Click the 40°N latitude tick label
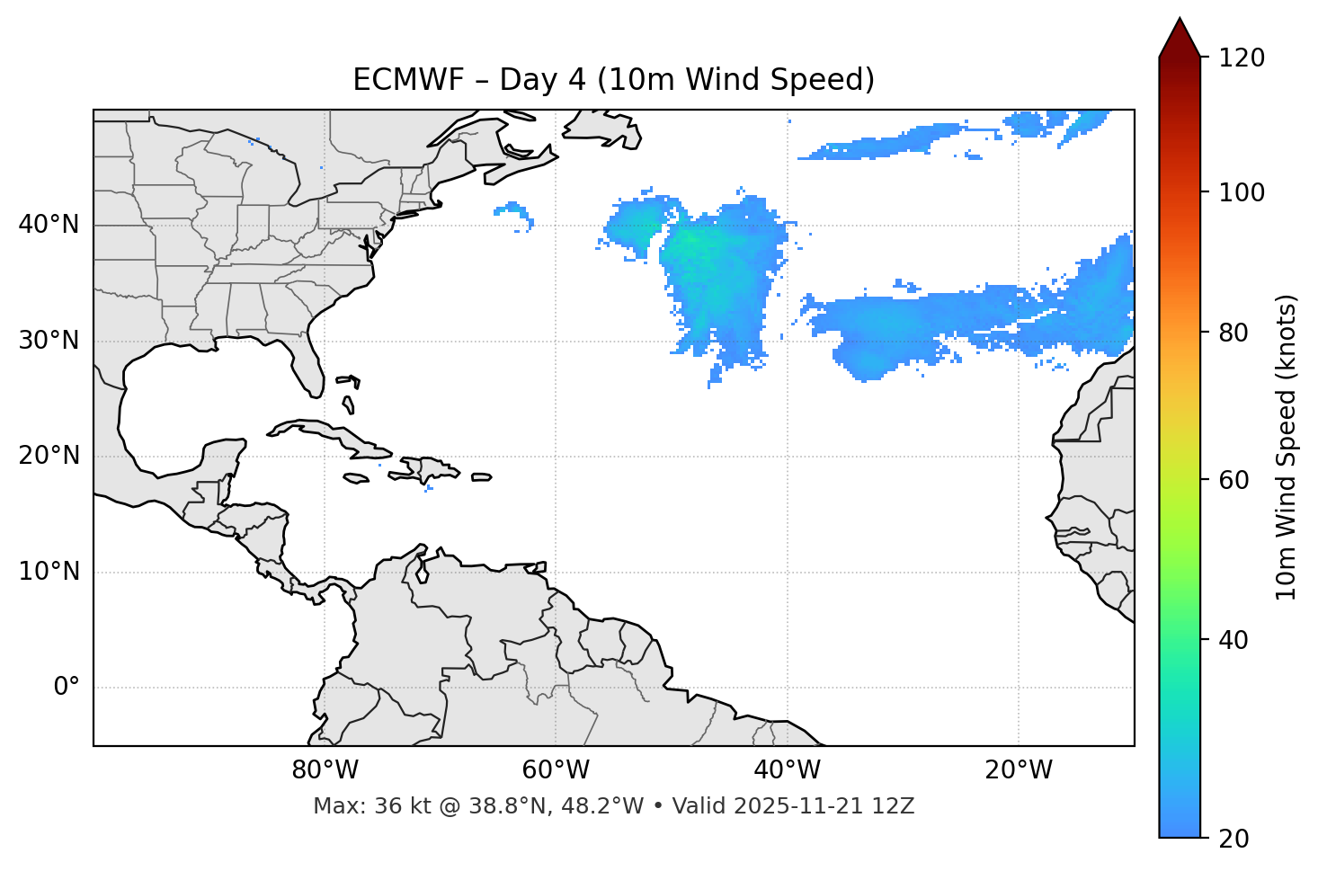point(49,225)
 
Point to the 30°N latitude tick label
point(49,341)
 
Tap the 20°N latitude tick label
point(49,456)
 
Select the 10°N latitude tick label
point(49,572)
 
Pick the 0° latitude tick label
point(67,688)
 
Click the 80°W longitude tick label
point(325,770)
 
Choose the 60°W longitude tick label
point(556,770)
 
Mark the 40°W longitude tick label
point(787,770)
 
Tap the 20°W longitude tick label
point(1018,770)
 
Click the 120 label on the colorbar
point(1242,58)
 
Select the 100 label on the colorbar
point(1242,192)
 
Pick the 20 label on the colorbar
point(1233,839)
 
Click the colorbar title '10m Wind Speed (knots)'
point(1287,448)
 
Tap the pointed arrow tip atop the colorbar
point(1180,22)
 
